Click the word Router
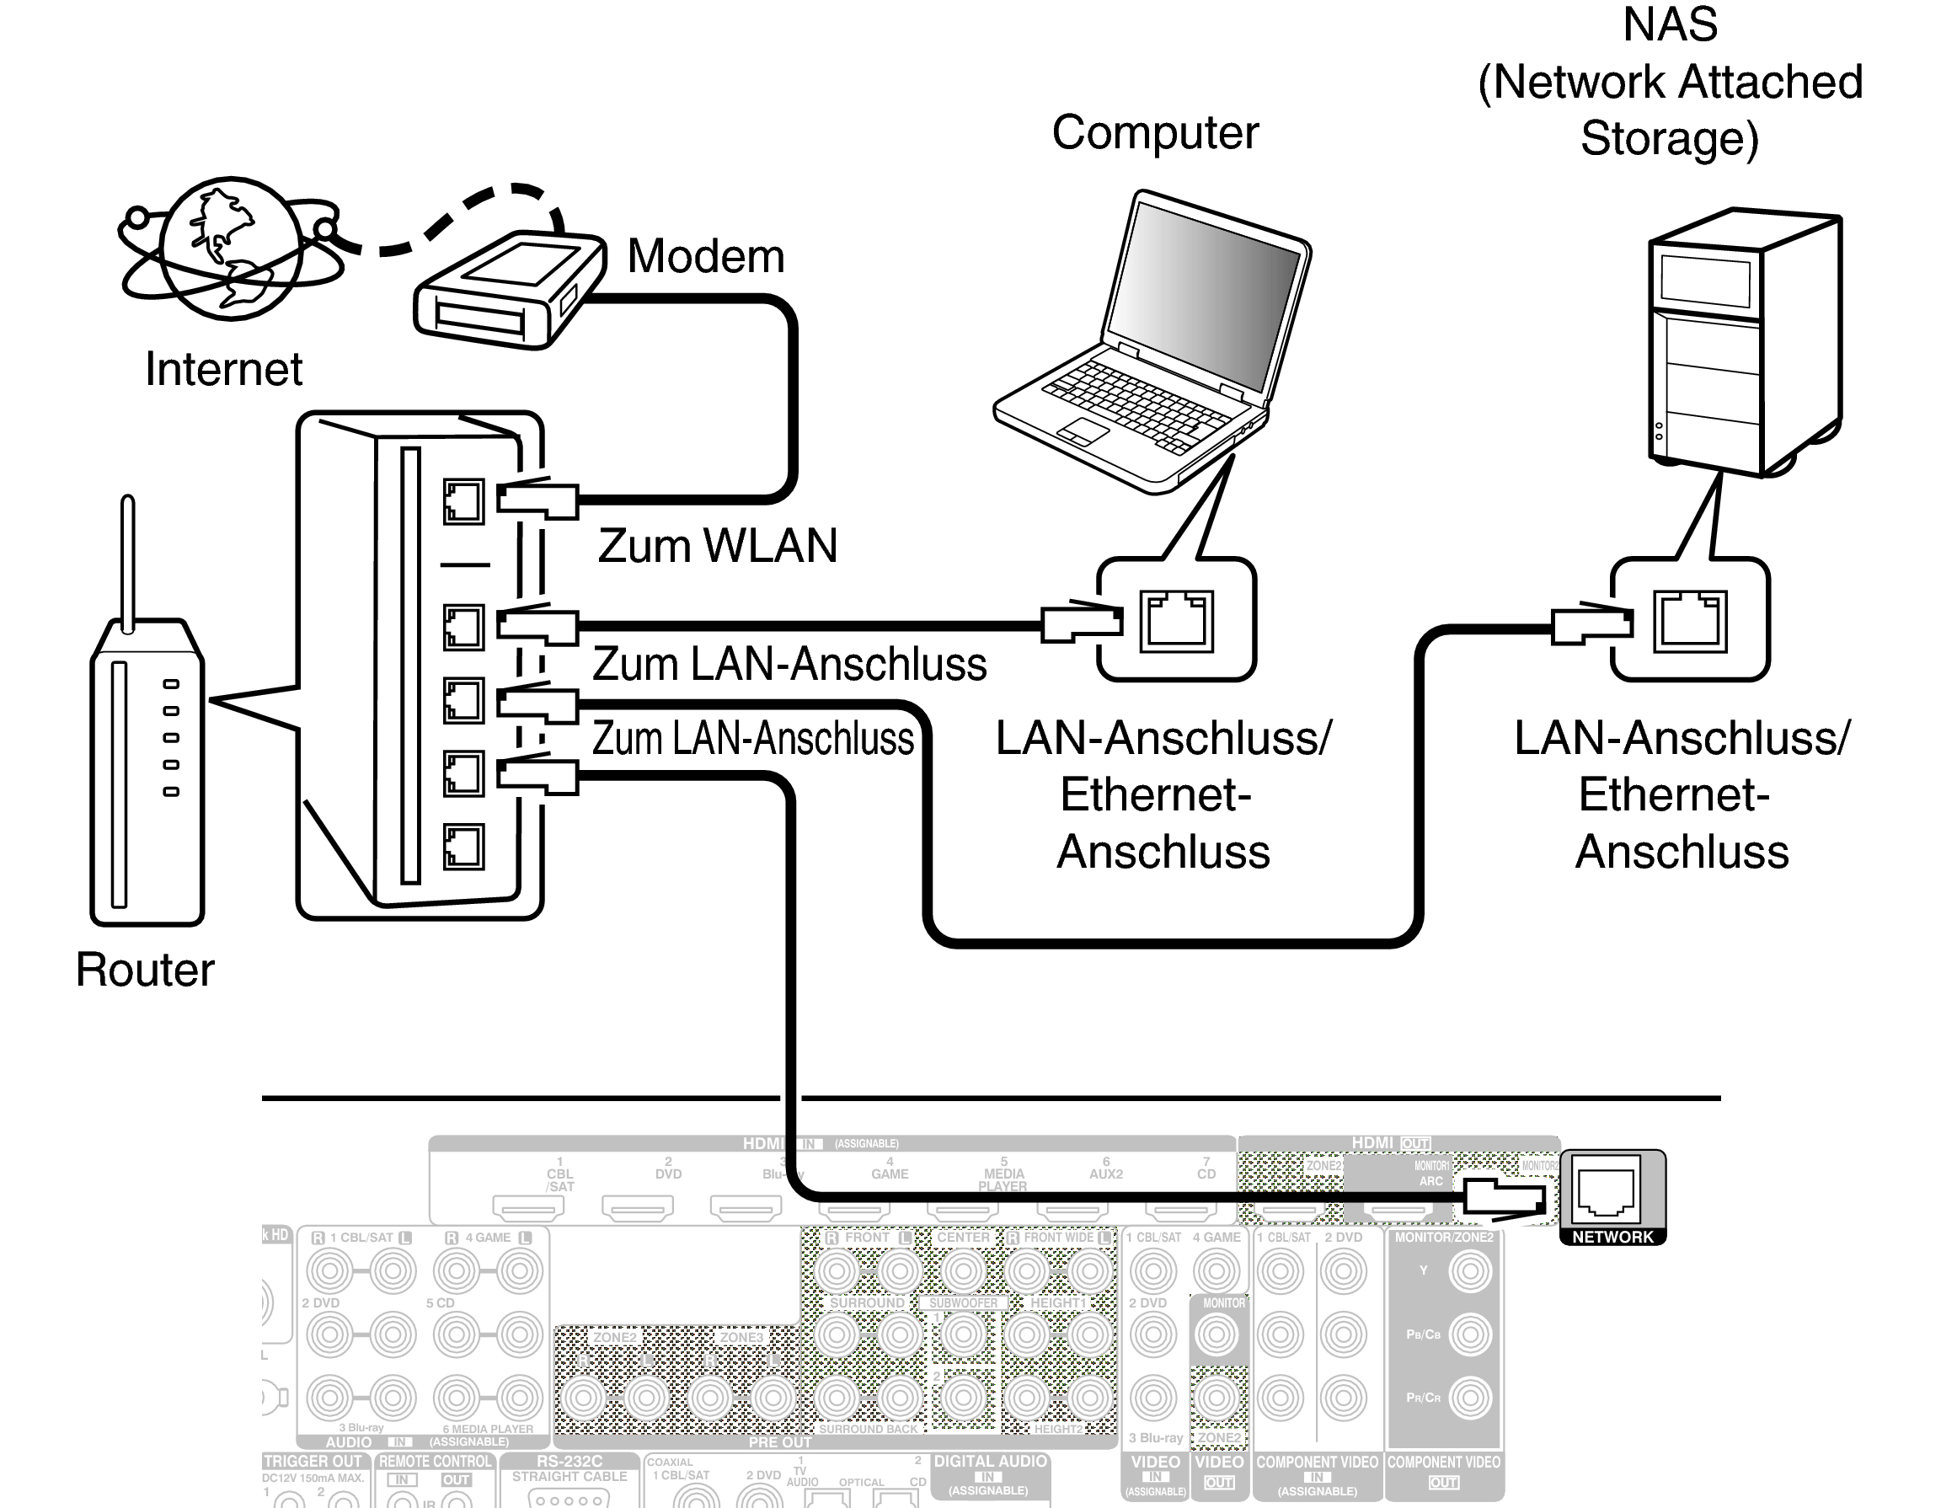point(145,970)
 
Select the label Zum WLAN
point(717,546)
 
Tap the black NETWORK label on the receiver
point(1612,1237)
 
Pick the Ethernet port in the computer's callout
point(1176,621)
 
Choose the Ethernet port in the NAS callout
point(1689,621)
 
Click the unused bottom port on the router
point(463,846)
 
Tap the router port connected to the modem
point(463,502)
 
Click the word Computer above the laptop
point(1155,133)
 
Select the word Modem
point(706,257)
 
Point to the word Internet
point(223,370)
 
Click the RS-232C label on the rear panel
point(569,1461)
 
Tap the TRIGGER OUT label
point(313,1461)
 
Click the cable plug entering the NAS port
point(1592,623)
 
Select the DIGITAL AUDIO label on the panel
point(990,1461)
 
